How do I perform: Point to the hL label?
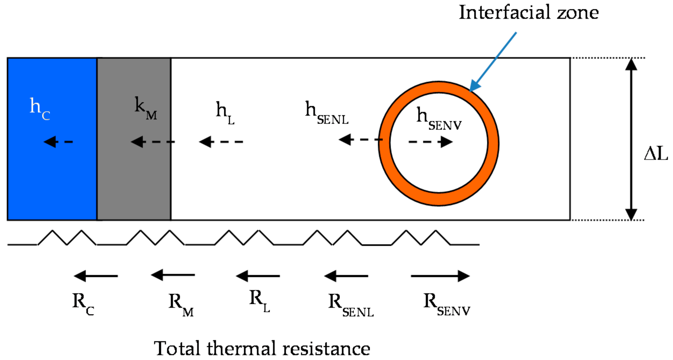(x=225, y=113)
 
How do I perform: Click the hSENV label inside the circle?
(x=438, y=118)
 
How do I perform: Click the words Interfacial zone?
(x=528, y=13)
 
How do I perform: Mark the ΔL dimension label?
(x=656, y=154)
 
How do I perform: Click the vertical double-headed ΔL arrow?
(x=631, y=139)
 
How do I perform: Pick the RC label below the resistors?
(x=83, y=304)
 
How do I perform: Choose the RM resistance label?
(x=181, y=305)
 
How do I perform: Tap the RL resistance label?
(x=259, y=301)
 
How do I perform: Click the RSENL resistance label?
(x=350, y=305)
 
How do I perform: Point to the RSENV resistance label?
(x=446, y=304)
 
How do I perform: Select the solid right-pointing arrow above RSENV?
(x=440, y=276)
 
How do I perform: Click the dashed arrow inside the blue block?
(x=58, y=142)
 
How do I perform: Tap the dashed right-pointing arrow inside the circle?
(x=430, y=142)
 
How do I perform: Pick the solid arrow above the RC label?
(x=95, y=276)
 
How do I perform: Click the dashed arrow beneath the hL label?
(x=221, y=142)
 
